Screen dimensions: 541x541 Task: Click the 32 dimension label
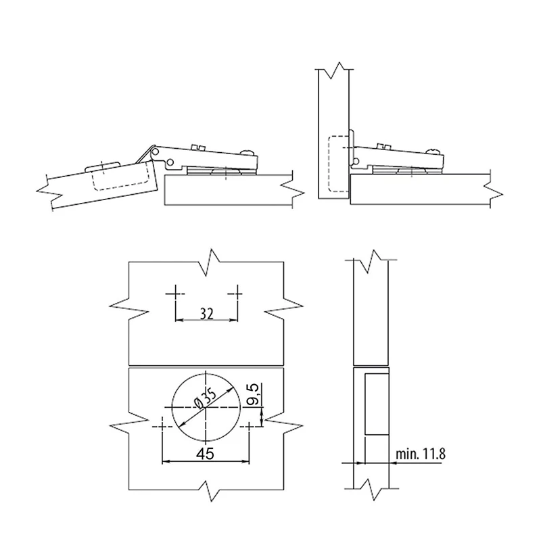click(x=206, y=314)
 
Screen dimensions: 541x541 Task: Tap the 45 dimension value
click(x=206, y=453)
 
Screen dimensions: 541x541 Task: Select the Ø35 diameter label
click(x=205, y=400)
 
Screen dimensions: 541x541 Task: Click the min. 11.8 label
click(x=420, y=454)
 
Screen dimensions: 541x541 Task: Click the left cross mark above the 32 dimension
click(x=175, y=293)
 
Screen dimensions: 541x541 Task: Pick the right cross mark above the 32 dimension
click(x=237, y=293)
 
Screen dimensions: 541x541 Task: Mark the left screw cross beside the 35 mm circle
click(x=162, y=427)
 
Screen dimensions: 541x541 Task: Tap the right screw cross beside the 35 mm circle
click(x=249, y=427)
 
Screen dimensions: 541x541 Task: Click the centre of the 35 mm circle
click(x=206, y=408)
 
